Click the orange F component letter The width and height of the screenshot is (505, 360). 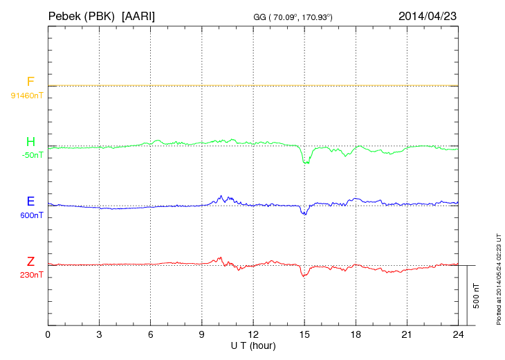(x=30, y=82)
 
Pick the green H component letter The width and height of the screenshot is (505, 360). (x=30, y=142)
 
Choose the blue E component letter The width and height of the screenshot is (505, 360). (x=30, y=201)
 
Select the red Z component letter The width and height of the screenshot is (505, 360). (x=30, y=261)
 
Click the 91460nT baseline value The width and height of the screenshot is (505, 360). (x=27, y=95)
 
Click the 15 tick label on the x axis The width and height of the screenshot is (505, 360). (x=304, y=334)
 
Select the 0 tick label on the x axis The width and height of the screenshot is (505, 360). (x=48, y=334)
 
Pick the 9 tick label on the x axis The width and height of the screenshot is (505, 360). (x=202, y=334)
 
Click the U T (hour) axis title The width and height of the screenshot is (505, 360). (x=253, y=345)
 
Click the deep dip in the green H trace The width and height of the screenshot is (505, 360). (x=305, y=161)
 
